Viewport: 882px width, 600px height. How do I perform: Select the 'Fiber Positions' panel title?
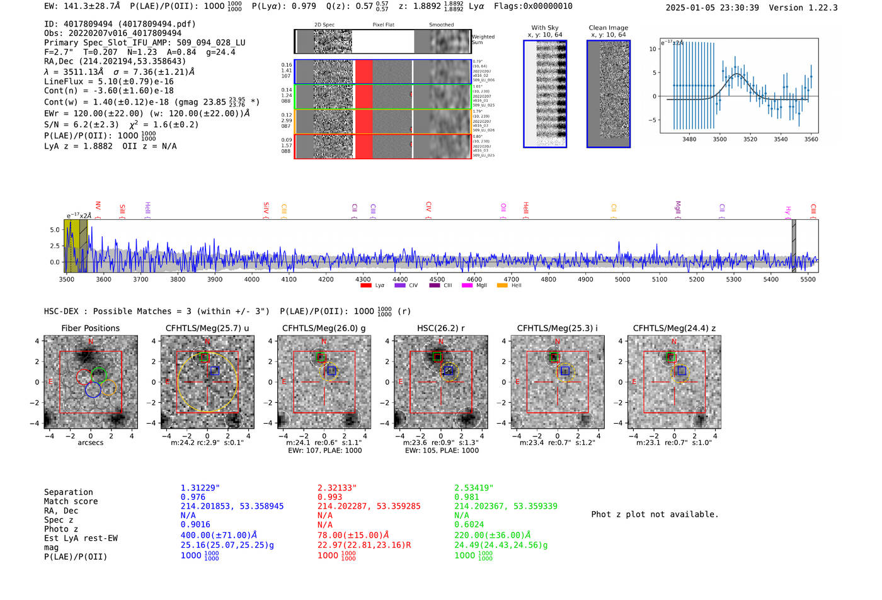pyautogui.click(x=90, y=328)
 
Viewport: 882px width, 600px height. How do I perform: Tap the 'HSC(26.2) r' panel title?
pyautogui.click(x=440, y=328)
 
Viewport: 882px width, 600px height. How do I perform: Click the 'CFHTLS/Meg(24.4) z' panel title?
pyautogui.click(x=674, y=328)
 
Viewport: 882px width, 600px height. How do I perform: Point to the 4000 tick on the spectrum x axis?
pyautogui.click(x=252, y=280)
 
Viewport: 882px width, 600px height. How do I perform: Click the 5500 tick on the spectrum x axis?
pyautogui.click(x=808, y=280)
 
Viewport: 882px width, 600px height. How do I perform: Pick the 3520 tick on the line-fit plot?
pyautogui.click(x=750, y=139)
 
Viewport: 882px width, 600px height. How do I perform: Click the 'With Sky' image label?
pyautogui.click(x=545, y=28)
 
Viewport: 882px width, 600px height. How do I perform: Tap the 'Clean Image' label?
pyautogui.click(x=608, y=28)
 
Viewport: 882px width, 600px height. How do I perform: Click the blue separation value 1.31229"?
pyautogui.click(x=200, y=488)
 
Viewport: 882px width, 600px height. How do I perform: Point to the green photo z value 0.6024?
pyautogui.click(x=469, y=524)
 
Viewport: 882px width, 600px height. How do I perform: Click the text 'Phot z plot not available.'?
pyautogui.click(x=655, y=514)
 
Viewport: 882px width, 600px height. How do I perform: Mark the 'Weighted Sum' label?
pyautogui.click(x=483, y=40)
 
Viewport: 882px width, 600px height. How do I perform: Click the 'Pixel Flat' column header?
pyautogui.click(x=383, y=25)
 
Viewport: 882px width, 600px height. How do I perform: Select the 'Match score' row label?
pyautogui.click(x=71, y=502)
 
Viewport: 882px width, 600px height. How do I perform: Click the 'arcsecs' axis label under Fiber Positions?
pyautogui.click(x=90, y=443)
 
